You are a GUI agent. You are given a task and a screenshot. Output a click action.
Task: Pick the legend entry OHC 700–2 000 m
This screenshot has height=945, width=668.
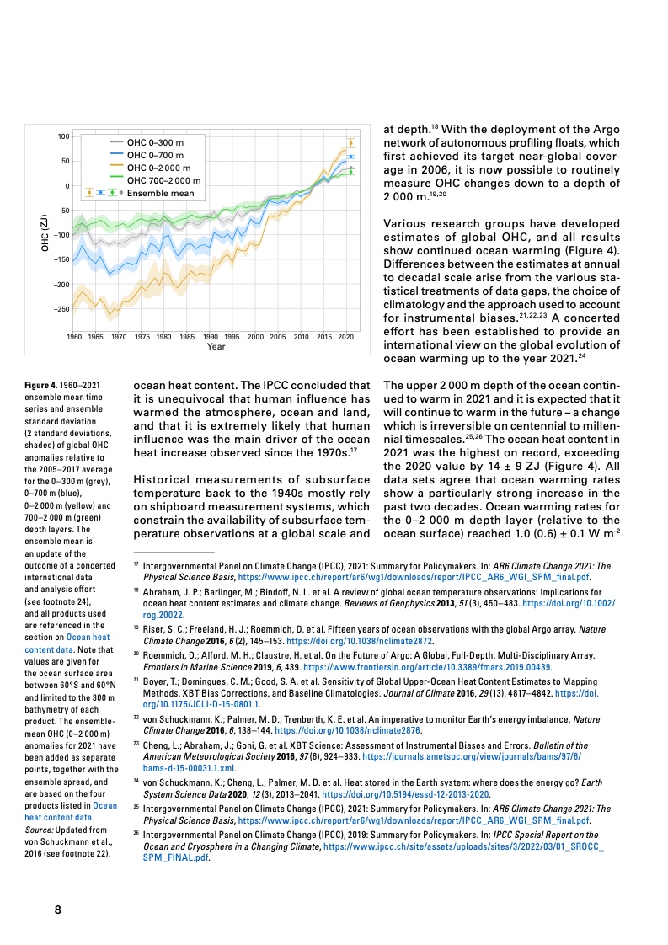pos(163,180)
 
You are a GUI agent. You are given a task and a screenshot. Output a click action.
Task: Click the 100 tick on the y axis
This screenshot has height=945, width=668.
pos(63,136)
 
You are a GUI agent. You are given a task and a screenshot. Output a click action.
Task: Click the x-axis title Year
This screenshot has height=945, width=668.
pos(216,346)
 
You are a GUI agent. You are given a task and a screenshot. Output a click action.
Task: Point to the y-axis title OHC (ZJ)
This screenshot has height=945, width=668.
pos(43,233)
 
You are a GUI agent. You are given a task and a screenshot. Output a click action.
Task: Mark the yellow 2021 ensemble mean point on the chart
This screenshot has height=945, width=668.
pos(351,144)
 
